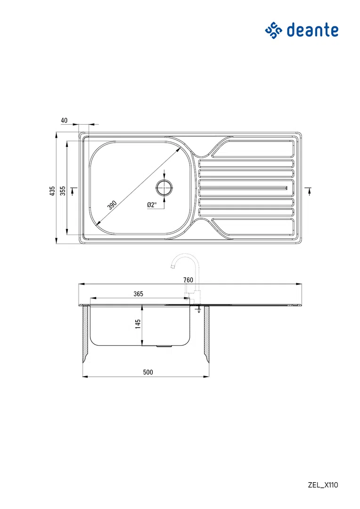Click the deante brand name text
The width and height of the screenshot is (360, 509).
(312, 30)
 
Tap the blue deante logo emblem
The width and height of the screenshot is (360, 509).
(274, 31)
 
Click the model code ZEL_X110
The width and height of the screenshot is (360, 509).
(323, 485)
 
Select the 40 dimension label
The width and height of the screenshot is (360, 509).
(64, 121)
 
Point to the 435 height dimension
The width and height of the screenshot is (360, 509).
(52, 191)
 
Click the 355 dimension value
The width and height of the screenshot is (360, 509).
(63, 191)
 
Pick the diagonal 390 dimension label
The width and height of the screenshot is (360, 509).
(112, 205)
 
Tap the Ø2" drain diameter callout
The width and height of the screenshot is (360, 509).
(152, 205)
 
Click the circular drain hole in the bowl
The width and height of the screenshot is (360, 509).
(164, 187)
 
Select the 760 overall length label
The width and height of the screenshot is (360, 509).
(188, 280)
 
